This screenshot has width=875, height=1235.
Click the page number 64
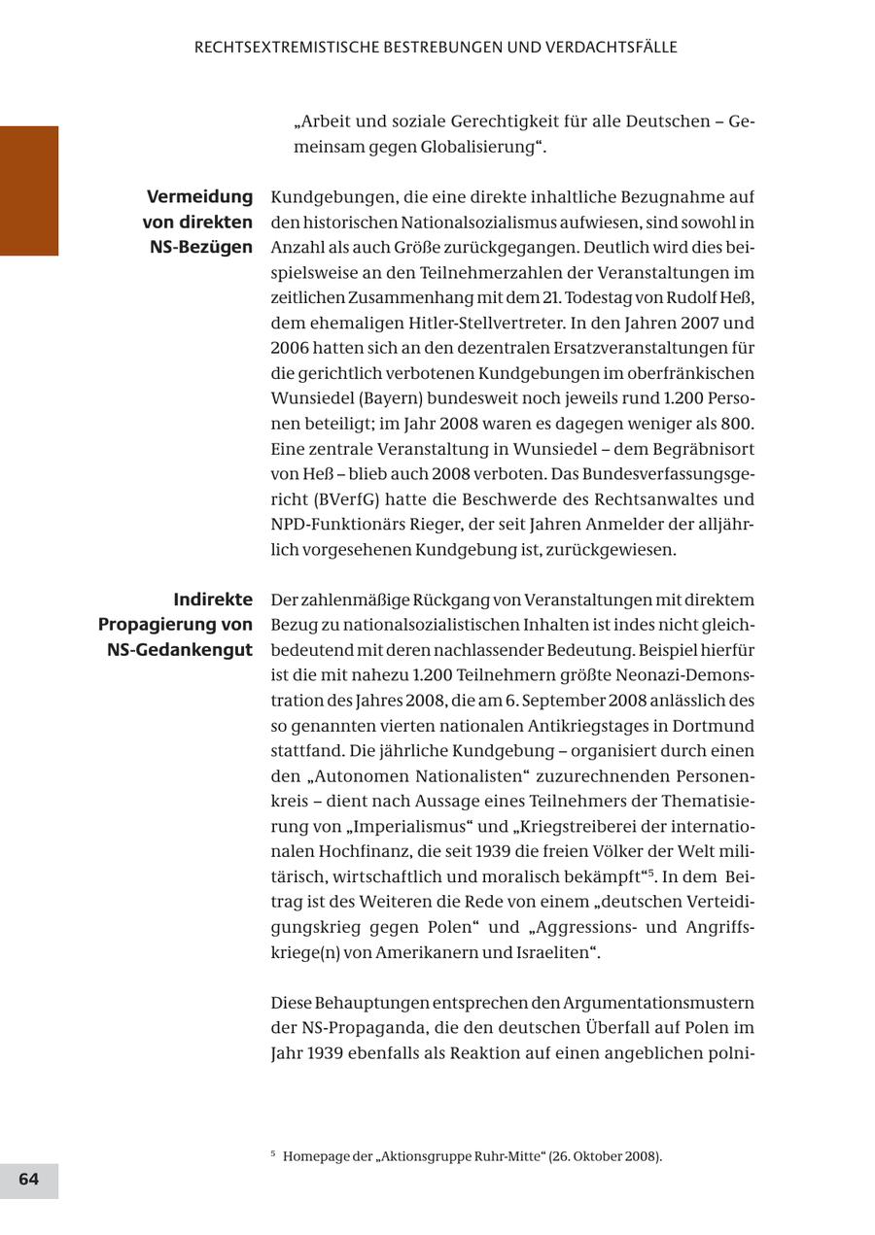29,1180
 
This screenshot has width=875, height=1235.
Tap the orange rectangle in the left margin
29,190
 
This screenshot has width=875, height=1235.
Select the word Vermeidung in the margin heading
199,197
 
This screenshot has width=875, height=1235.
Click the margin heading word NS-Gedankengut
180,649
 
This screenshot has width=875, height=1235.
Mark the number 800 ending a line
736,424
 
